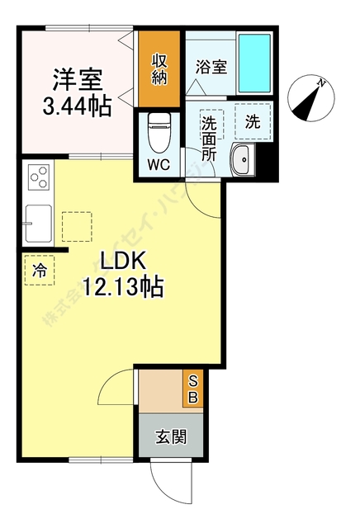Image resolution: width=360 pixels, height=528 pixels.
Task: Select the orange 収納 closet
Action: [159, 69]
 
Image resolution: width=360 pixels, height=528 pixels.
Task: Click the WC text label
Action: [158, 164]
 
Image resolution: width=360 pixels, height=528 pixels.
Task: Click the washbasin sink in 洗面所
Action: [244, 160]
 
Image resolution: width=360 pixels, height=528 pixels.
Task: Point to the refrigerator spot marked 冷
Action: [39, 270]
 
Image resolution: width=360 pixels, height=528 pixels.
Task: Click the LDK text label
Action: [123, 262]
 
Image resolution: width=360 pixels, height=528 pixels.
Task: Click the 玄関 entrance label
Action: [172, 436]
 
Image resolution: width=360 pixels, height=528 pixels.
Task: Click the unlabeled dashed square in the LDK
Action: [76, 226]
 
